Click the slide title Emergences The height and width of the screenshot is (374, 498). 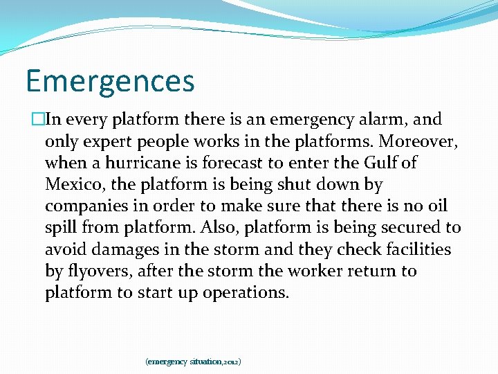[110, 81]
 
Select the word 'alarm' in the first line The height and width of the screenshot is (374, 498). [387, 120]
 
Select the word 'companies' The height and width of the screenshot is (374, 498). [87, 206]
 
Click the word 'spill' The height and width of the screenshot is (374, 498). [63, 228]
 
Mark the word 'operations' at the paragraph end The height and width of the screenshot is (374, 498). [246, 293]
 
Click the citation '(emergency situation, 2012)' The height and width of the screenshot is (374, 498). [193, 362]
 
